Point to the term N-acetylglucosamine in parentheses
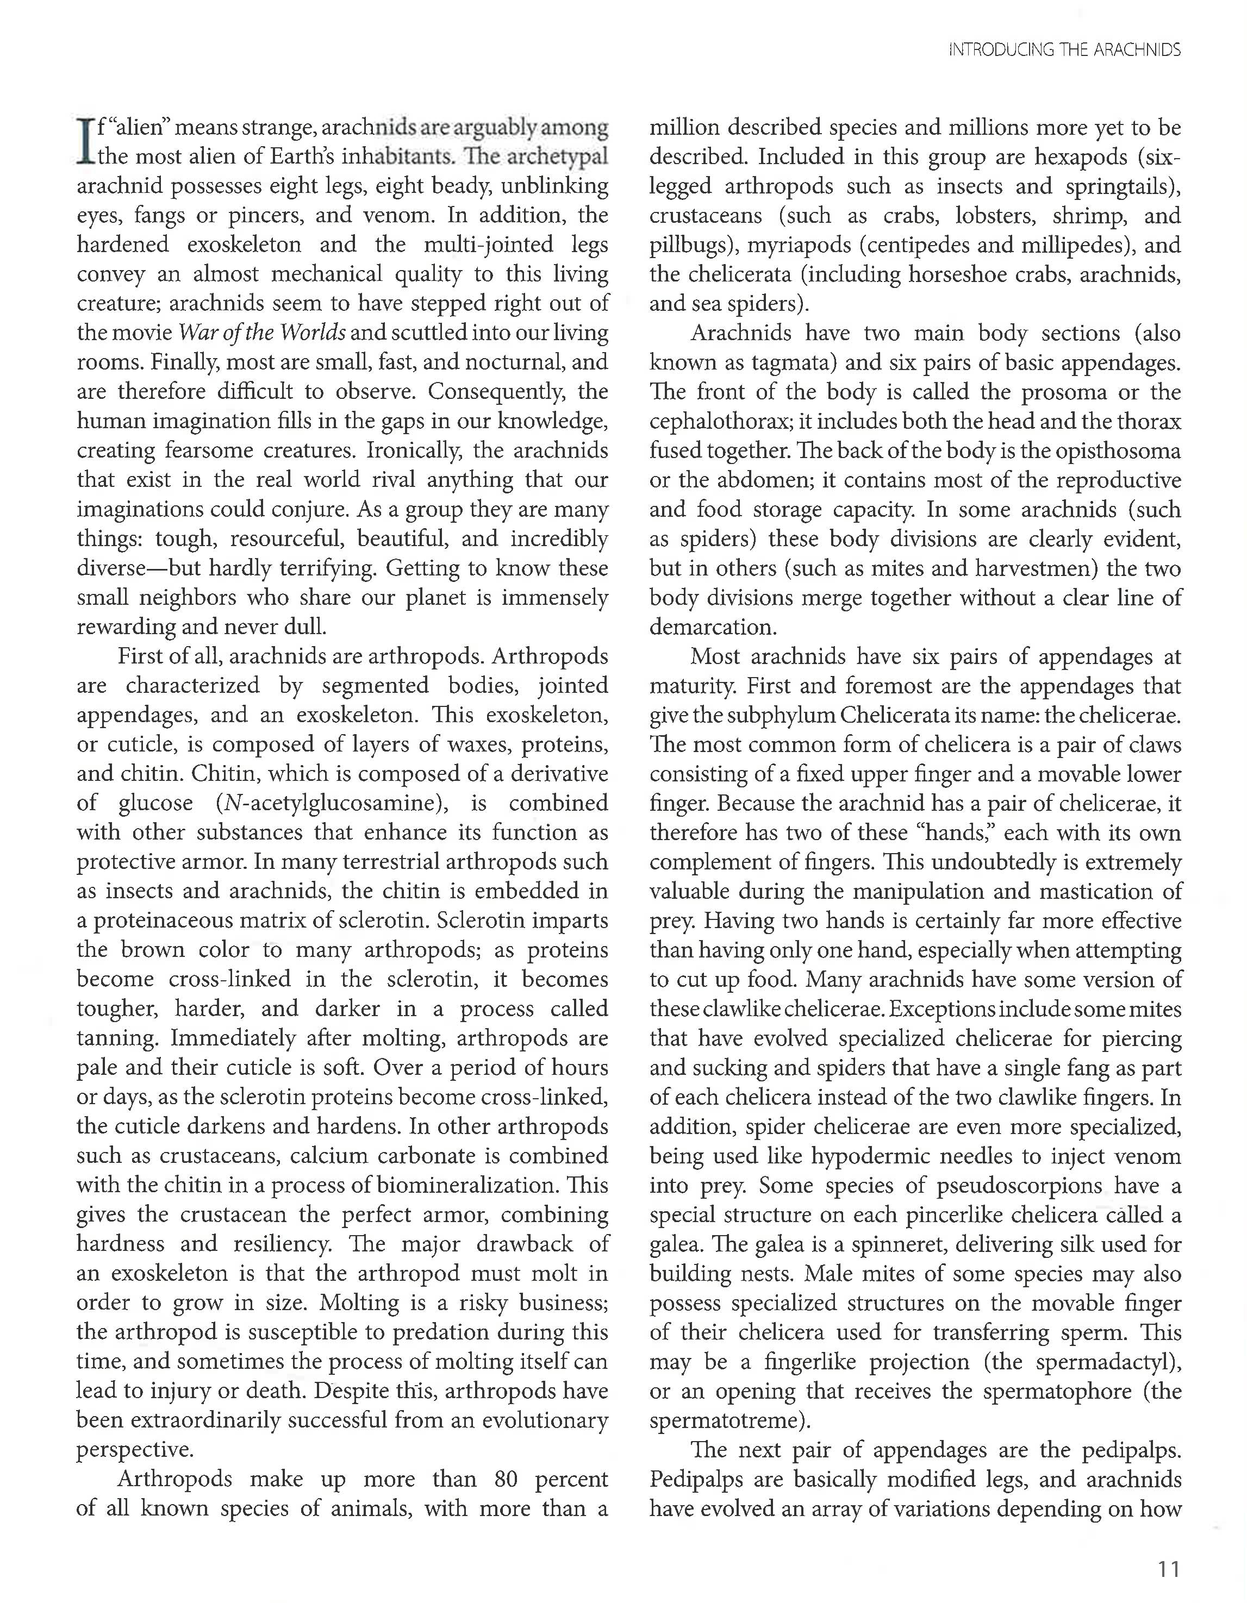tap(332, 803)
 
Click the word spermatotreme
tap(727, 1420)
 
